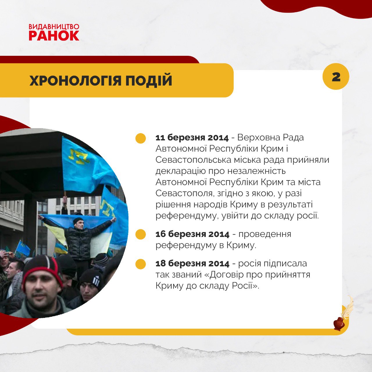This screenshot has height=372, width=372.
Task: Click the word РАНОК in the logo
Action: click(x=54, y=35)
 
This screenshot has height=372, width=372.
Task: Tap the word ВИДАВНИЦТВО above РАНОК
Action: click(x=54, y=27)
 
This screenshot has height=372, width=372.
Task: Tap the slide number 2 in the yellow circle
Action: click(x=336, y=77)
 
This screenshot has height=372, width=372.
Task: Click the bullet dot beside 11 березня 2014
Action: click(x=141, y=138)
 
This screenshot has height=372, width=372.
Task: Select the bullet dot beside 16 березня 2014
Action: click(x=141, y=234)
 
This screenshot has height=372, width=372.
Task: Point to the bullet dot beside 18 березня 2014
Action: click(x=141, y=264)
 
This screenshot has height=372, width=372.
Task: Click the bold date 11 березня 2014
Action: click(x=192, y=138)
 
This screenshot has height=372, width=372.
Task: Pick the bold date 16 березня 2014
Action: click(x=192, y=234)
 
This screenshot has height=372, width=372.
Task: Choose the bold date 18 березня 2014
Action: click(x=192, y=264)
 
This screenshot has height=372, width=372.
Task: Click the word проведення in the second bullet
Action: click(x=265, y=235)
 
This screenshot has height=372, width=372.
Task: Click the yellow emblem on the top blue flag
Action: click(x=79, y=156)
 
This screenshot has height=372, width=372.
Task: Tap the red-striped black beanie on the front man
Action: click(x=42, y=271)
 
